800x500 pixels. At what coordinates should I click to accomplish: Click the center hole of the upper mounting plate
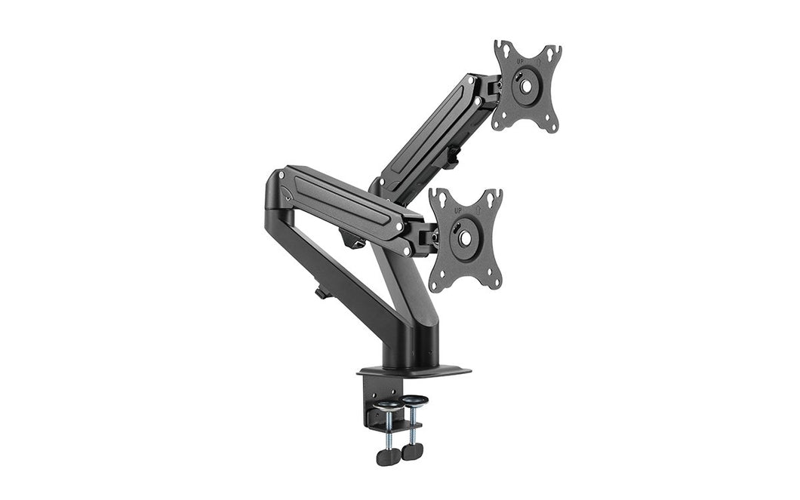tap(525, 86)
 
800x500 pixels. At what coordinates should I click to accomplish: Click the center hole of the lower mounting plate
tap(464, 238)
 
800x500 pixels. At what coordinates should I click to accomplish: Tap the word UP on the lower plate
tap(457, 210)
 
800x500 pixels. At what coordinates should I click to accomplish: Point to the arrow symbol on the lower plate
tap(478, 208)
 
